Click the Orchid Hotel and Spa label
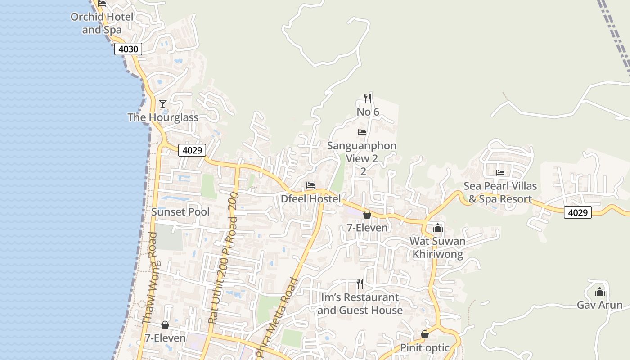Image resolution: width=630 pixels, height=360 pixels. point(102,23)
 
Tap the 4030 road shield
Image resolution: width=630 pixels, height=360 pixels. point(128,49)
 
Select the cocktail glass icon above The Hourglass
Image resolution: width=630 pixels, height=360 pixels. point(163,104)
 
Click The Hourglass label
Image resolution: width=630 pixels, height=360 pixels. point(163,117)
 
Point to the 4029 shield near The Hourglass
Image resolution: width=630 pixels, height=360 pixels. point(192,150)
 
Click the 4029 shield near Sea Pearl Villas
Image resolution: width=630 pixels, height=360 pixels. point(577,212)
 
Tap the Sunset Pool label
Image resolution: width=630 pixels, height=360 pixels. point(180,212)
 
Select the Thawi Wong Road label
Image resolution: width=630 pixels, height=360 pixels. point(149,278)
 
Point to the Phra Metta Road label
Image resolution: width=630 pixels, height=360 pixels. point(276,318)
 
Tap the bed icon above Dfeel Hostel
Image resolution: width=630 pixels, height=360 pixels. point(310,185)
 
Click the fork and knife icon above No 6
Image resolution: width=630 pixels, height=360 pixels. point(368,98)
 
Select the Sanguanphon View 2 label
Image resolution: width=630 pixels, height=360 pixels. point(362,152)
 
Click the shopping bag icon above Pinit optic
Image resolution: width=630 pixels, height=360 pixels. point(424,334)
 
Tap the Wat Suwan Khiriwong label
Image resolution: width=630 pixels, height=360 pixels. point(437,247)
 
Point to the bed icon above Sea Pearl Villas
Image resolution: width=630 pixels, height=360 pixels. point(500,173)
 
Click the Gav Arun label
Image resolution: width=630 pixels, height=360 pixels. point(599,305)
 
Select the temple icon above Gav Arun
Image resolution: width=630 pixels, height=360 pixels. point(599,292)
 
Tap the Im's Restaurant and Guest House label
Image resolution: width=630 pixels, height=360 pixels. point(360,304)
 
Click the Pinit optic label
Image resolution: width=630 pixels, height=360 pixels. point(424,348)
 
